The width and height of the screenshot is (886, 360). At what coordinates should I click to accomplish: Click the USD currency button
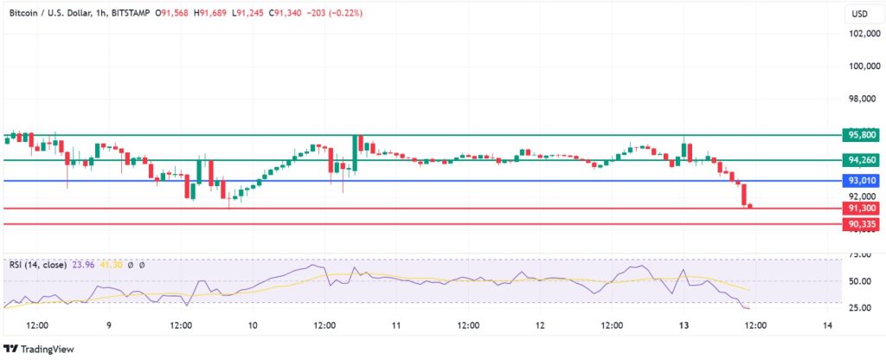click(860, 14)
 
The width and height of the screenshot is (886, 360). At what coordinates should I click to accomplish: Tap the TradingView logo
click(38, 349)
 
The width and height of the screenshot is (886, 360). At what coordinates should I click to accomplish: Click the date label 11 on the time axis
click(395, 325)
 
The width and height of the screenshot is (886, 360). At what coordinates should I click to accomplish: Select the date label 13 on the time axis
click(684, 325)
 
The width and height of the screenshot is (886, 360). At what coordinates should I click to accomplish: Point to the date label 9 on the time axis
click(108, 325)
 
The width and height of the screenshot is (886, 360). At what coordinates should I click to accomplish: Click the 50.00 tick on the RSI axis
click(859, 281)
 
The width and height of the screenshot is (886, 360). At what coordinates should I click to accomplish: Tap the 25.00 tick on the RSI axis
click(859, 308)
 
